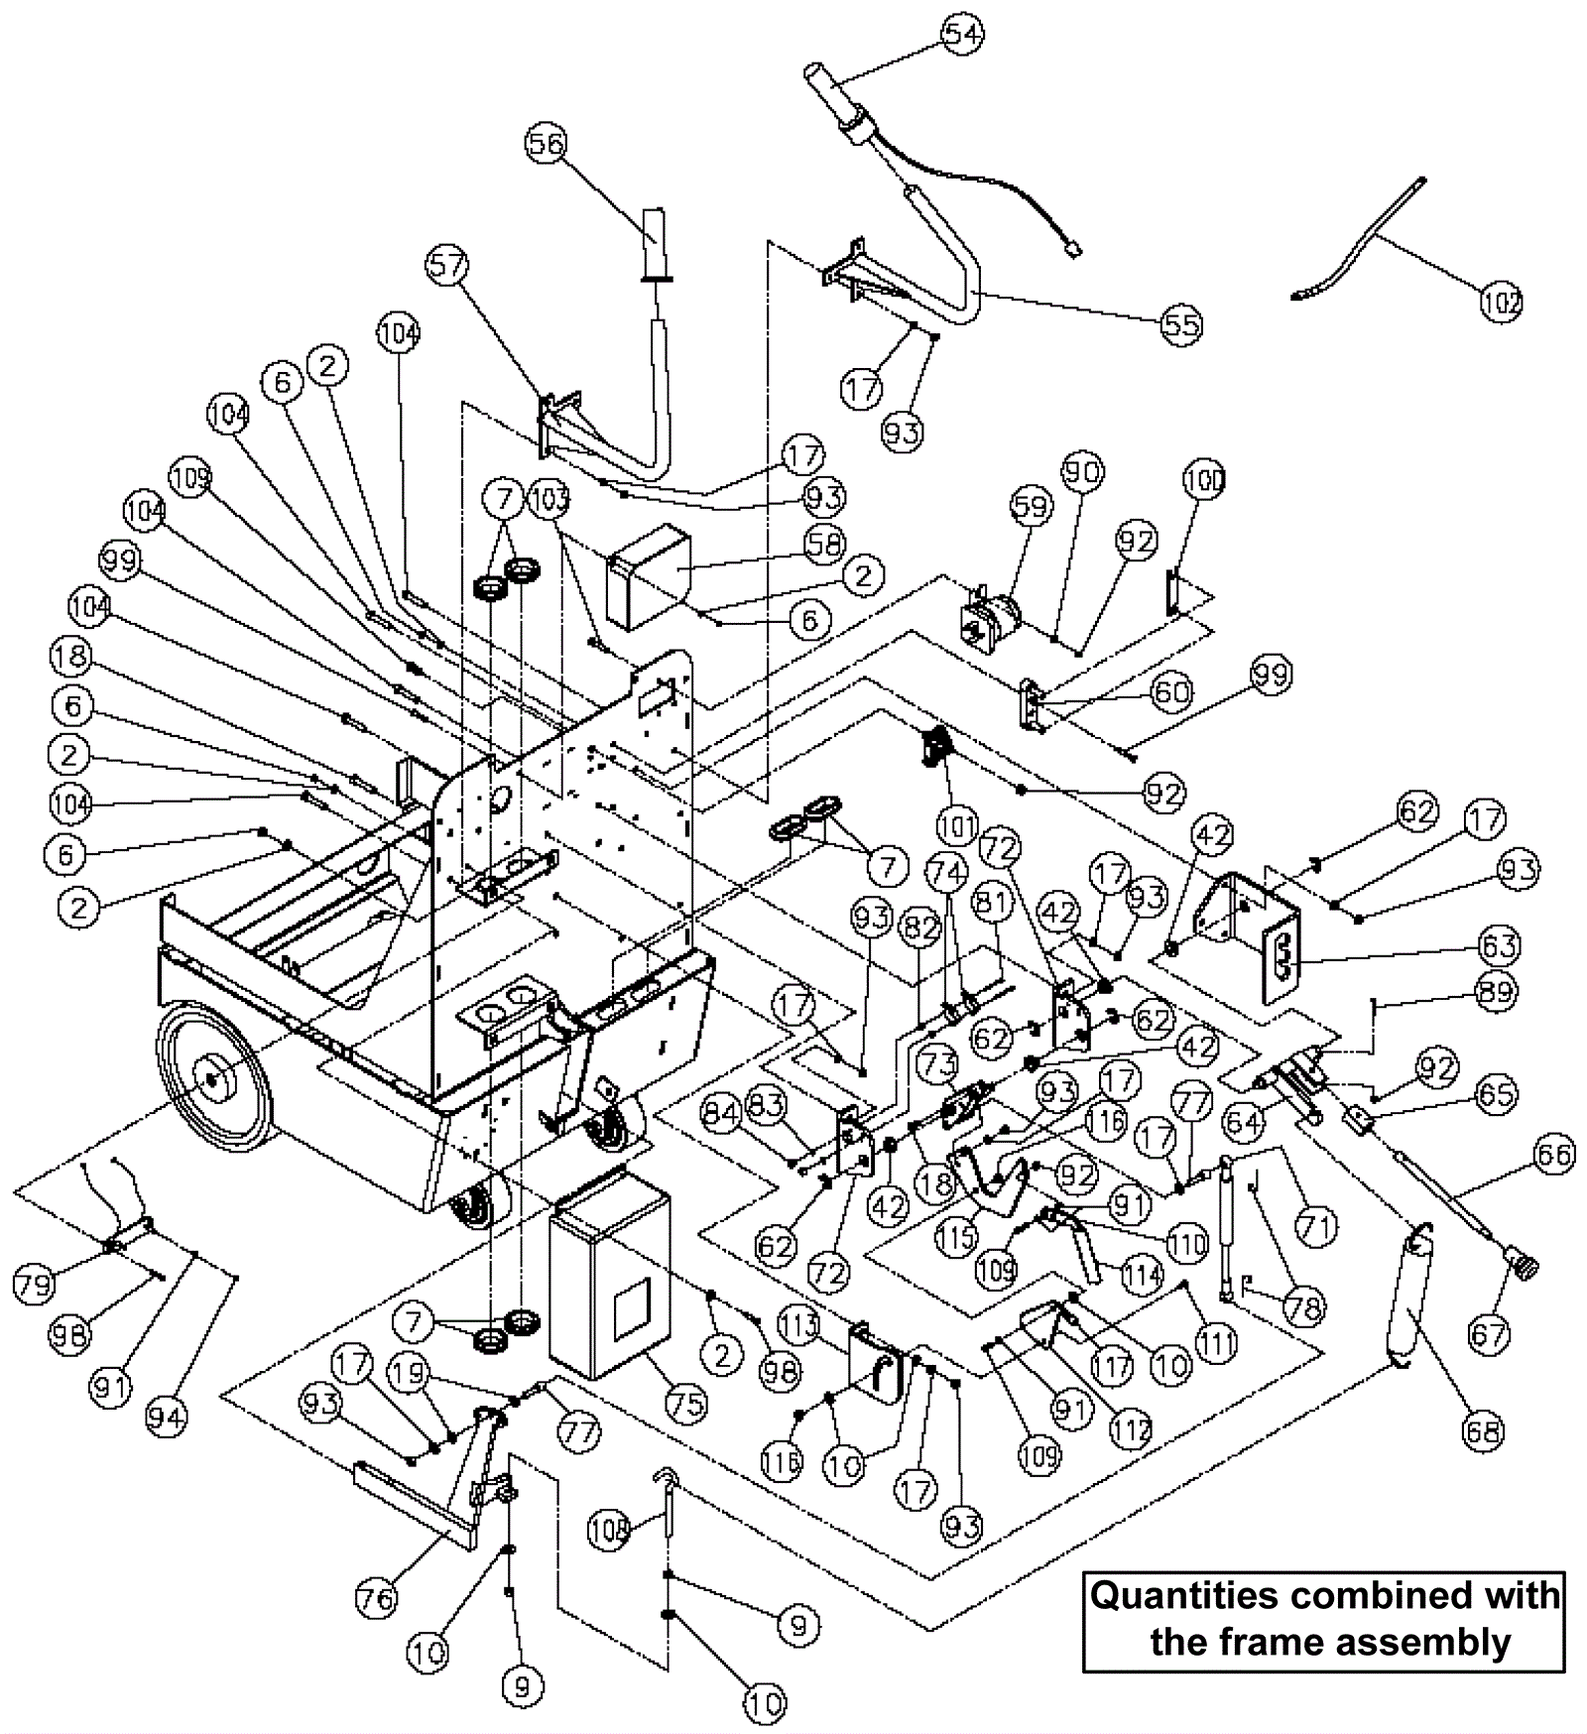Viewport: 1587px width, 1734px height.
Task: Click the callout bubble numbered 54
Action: pyautogui.click(x=961, y=34)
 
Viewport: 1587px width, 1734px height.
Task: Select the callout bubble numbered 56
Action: pyautogui.click(x=545, y=144)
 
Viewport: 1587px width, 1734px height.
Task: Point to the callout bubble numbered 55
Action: pyautogui.click(x=1180, y=324)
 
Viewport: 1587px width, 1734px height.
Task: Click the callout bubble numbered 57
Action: pyautogui.click(x=448, y=265)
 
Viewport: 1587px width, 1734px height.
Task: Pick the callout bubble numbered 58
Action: pyautogui.click(x=824, y=543)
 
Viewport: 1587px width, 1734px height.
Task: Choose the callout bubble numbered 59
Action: pyautogui.click(x=1031, y=507)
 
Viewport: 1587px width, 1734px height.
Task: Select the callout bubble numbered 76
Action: pyautogui.click(x=375, y=1596)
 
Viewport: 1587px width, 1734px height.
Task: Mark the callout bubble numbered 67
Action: pyautogui.click(x=1489, y=1333)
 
